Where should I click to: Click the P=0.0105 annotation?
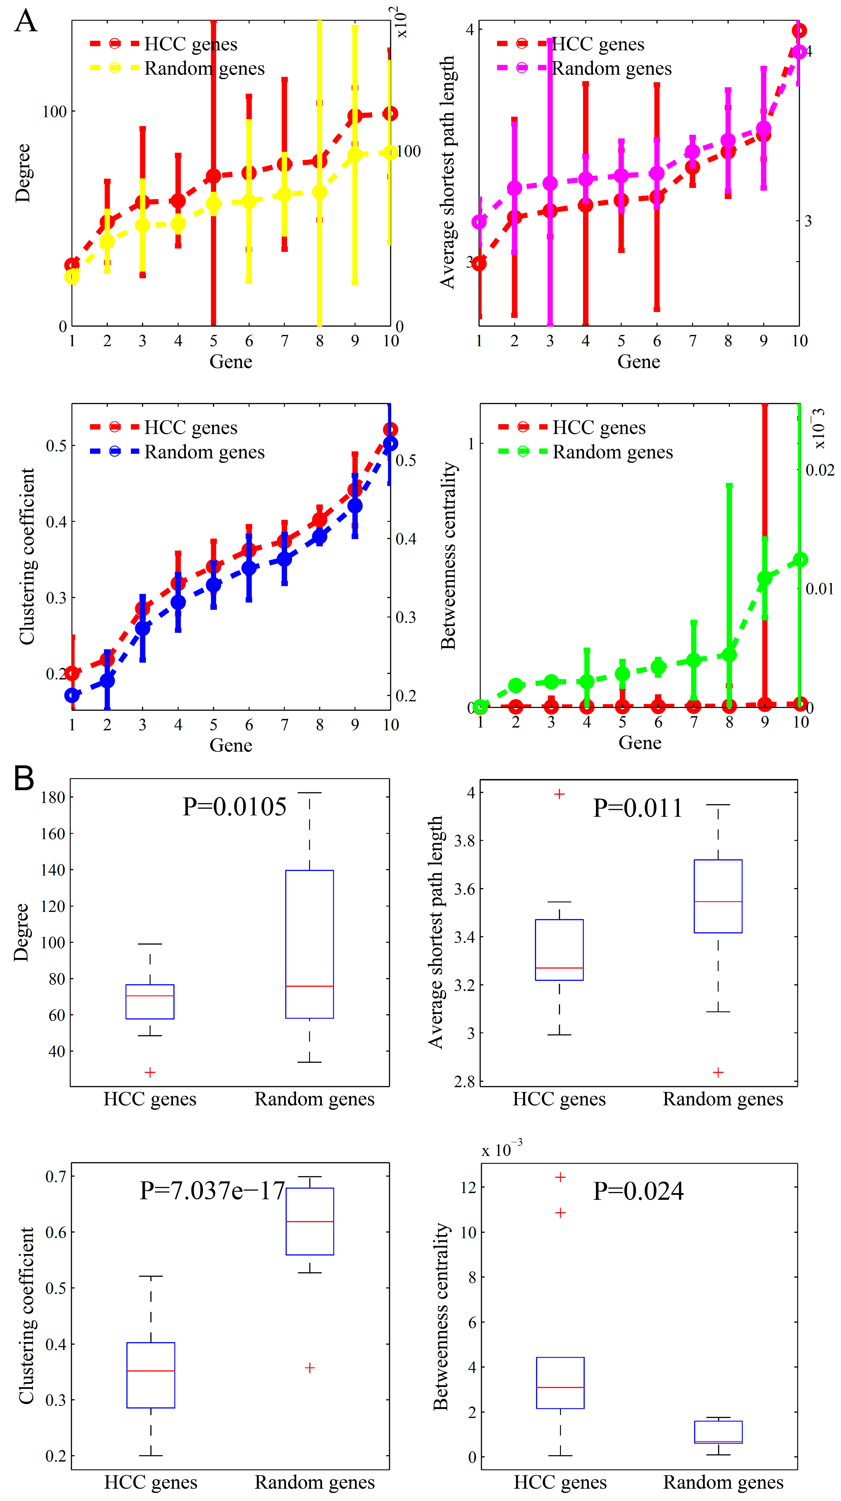point(235,807)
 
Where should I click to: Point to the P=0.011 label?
point(638,808)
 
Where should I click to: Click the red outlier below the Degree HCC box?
point(150,1072)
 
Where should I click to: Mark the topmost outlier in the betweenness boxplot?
point(560,1177)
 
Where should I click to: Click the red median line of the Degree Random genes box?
point(309,986)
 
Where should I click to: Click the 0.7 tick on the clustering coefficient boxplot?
point(56,1176)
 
